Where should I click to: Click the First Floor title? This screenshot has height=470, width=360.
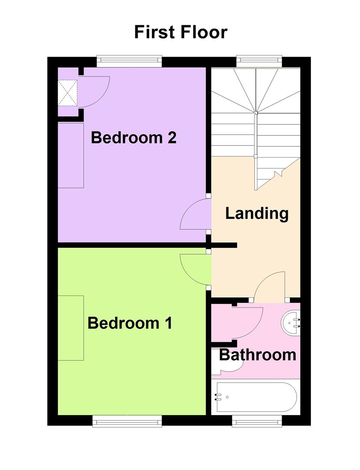pos(181,32)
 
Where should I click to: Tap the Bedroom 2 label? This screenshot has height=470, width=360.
pos(133,138)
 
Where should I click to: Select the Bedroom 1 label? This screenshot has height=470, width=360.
pos(130,323)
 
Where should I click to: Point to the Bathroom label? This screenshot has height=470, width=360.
pos(258,355)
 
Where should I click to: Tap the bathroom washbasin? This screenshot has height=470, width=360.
pos(290,323)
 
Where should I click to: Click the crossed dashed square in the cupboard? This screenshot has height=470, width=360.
pos(67,93)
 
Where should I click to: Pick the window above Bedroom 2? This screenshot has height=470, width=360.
pos(129,61)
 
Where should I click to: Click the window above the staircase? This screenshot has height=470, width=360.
pos(259,61)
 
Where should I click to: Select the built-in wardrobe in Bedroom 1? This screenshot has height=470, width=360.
pos(71,328)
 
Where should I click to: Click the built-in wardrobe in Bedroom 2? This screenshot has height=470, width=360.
pos(71,155)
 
